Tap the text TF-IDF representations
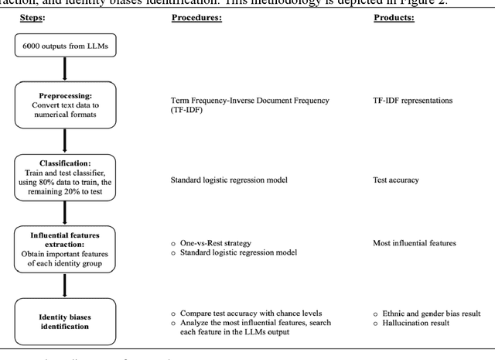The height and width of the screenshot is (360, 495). point(413,101)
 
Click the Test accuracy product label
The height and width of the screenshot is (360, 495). point(397,180)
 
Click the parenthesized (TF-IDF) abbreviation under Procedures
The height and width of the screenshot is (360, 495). point(188,111)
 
